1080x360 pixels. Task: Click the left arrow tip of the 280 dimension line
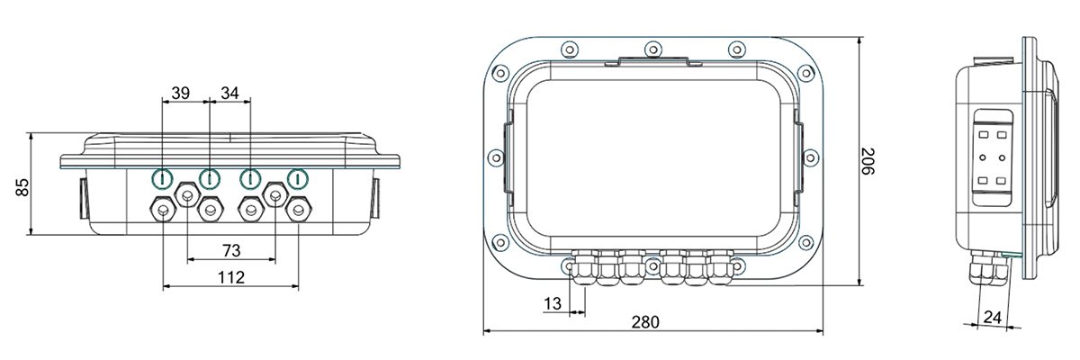click(x=483, y=330)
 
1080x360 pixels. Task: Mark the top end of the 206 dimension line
click(x=859, y=38)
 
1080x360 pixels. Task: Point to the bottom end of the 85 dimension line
click(x=31, y=235)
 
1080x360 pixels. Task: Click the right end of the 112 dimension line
click(x=299, y=286)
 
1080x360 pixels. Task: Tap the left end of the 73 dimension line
click(x=187, y=259)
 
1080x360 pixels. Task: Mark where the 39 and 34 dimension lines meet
click(x=210, y=101)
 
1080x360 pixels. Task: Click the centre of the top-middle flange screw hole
click(x=652, y=49)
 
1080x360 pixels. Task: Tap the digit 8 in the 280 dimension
click(x=645, y=322)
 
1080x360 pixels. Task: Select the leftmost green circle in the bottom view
click(x=163, y=179)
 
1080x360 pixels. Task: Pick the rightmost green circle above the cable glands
click(x=298, y=179)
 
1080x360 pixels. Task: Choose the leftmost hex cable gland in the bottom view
click(x=163, y=210)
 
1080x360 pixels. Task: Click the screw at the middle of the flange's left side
click(x=496, y=157)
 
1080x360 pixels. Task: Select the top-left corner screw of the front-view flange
click(x=500, y=73)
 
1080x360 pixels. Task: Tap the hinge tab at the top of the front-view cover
click(x=652, y=61)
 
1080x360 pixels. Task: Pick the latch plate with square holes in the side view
click(x=993, y=157)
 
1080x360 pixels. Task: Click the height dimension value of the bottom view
click(x=22, y=187)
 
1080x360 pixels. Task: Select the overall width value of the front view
click(x=645, y=322)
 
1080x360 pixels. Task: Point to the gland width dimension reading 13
click(x=553, y=303)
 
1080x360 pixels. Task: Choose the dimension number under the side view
click(x=993, y=317)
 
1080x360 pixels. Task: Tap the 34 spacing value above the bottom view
click(x=230, y=93)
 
